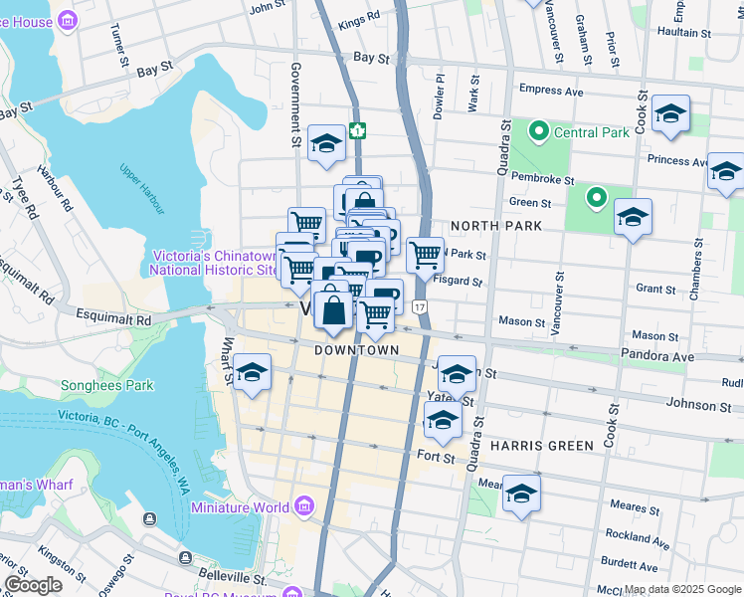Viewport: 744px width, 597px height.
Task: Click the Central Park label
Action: [x=590, y=132]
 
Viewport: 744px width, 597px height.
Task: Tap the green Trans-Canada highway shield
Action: [x=357, y=130]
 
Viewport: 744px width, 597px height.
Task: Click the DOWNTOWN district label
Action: [x=356, y=350]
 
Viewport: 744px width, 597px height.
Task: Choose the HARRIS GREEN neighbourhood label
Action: [x=541, y=445]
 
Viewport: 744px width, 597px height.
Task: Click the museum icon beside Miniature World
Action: [x=304, y=508]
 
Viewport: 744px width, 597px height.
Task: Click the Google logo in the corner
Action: [x=34, y=585]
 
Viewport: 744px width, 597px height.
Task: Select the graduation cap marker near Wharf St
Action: [x=253, y=373]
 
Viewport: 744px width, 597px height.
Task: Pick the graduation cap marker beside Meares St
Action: [x=520, y=494]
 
